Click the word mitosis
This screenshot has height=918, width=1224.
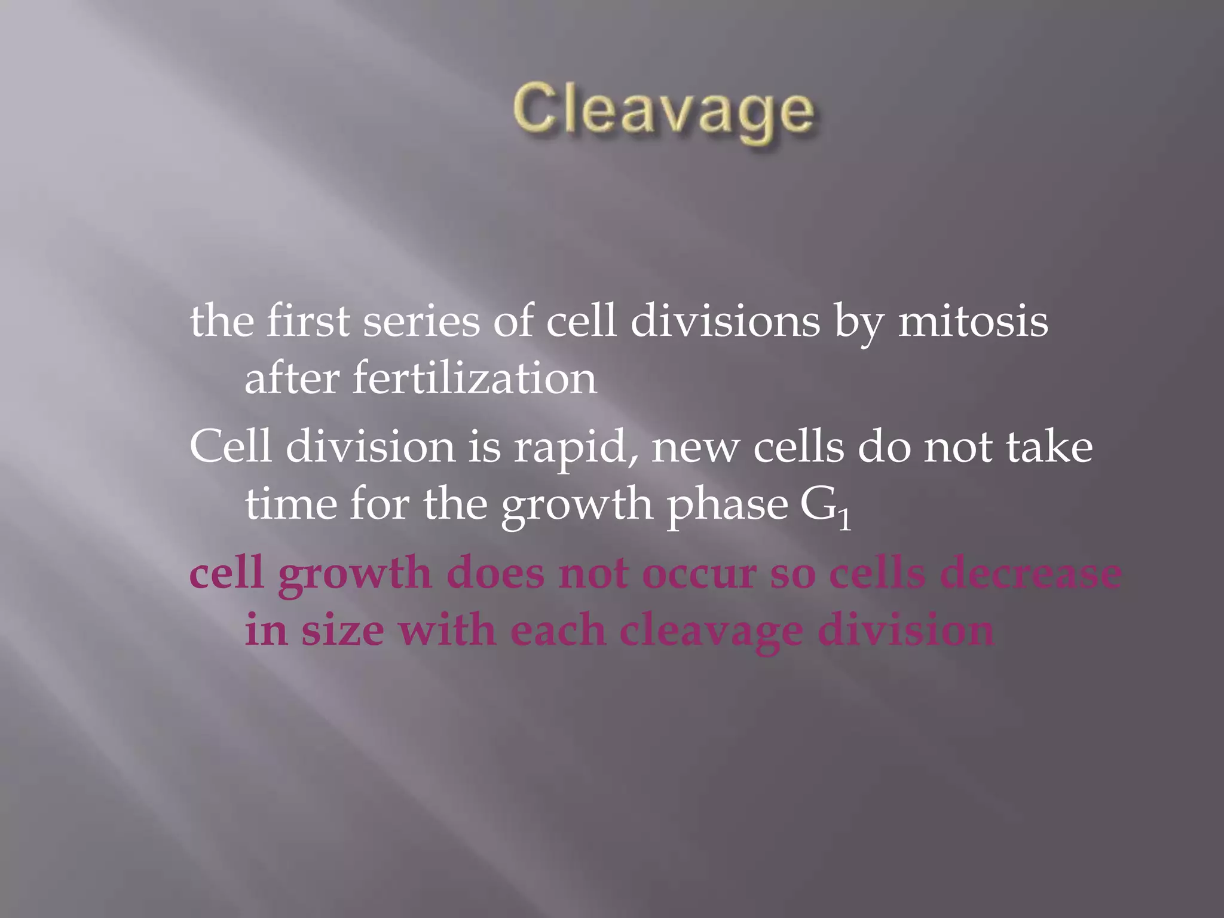972,322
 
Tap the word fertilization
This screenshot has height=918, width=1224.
475,379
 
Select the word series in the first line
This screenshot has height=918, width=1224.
421,322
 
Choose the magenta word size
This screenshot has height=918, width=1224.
342,631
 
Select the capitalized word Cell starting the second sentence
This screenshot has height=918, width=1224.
231,447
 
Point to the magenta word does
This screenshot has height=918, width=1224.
495,574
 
